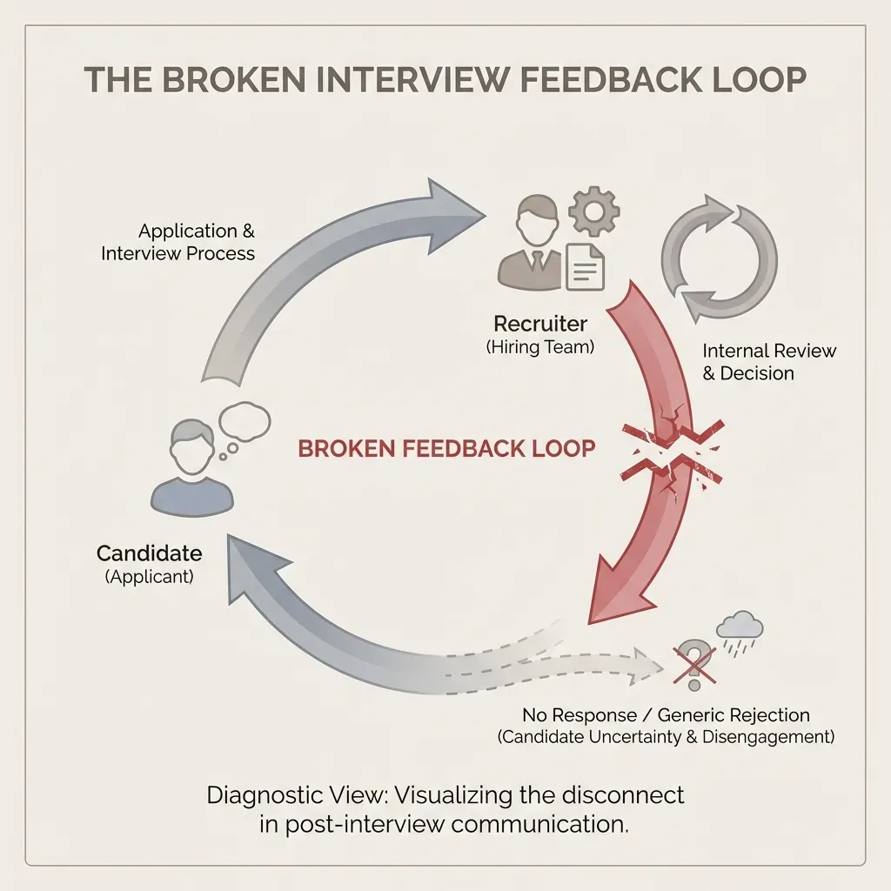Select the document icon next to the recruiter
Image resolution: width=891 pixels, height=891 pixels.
point(586,265)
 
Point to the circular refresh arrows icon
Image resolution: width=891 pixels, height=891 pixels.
point(719,259)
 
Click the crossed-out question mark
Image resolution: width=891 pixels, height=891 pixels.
point(693,660)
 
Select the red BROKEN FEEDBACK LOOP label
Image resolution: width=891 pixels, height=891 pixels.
point(446,449)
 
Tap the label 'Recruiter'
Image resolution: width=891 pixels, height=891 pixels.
point(539,324)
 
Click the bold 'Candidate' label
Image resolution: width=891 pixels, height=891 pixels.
point(149,553)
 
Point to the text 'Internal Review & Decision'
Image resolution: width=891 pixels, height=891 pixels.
point(768,362)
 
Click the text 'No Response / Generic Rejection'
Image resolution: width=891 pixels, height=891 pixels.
point(666,715)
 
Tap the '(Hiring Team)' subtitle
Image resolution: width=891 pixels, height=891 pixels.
point(539,346)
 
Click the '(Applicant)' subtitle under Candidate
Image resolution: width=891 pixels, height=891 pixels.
point(149,577)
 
